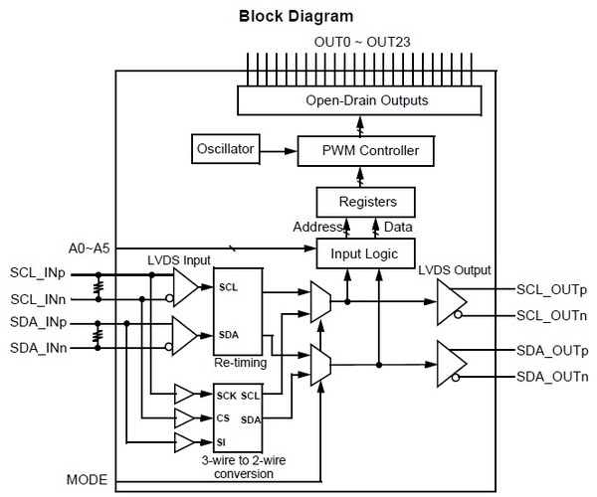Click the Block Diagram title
pos(298,17)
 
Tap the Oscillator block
pos(224,150)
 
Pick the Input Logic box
pos(357,254)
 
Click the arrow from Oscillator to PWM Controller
pos(281,151)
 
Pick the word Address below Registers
pos(317,228)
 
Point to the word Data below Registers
pos(398,228)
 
